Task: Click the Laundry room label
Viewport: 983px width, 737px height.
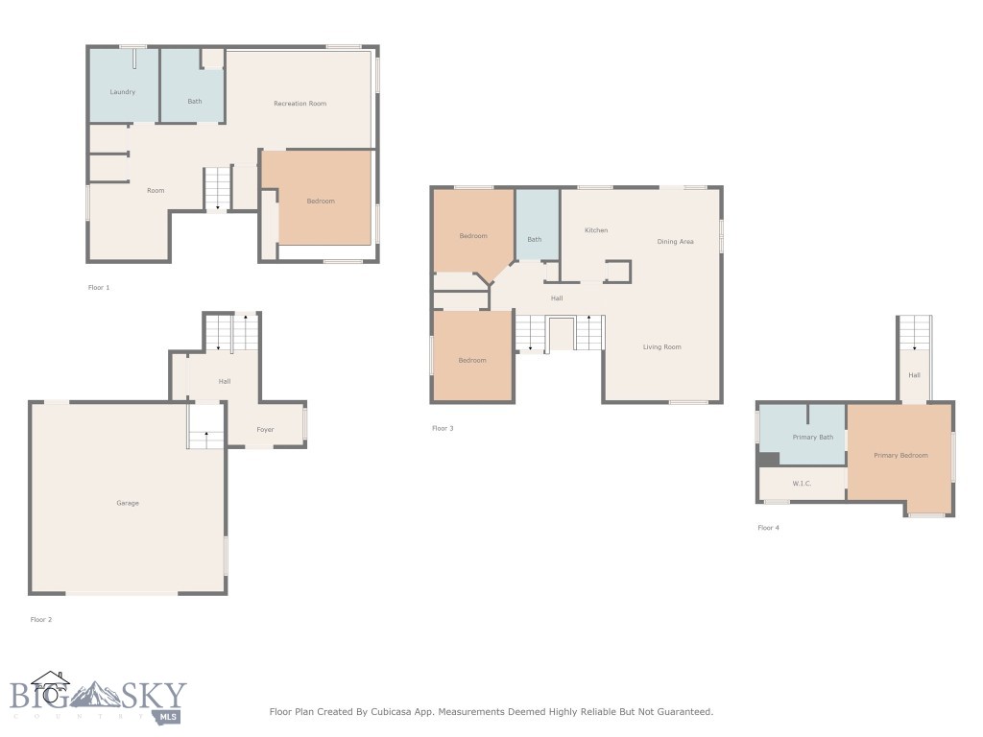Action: coord(122,92)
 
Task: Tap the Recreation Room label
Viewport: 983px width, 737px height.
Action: coord(300,104)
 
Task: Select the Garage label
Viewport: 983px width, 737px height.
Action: coord(128,503)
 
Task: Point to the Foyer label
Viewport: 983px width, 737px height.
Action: coord(265,430)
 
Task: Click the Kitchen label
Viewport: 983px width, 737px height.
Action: coord(596,230)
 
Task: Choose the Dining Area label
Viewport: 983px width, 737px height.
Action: coord(675,242)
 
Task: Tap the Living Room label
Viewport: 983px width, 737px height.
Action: coord(661,346)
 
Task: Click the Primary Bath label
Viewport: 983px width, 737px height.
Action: coord(812,438)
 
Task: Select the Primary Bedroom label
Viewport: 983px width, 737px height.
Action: coord(900,455)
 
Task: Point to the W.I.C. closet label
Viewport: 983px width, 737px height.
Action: coord(802,484)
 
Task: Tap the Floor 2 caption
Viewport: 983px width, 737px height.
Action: coord(41,620)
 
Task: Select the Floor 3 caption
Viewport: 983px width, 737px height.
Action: coord(443,428)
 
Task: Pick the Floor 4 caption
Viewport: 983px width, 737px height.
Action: coord(768,528)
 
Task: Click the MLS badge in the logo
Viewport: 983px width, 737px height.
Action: coord(173,716)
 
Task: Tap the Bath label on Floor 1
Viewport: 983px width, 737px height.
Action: coord(195,101)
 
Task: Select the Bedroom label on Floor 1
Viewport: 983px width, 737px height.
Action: coord(321,201)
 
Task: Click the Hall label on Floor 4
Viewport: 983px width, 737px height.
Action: coord(914,375)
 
